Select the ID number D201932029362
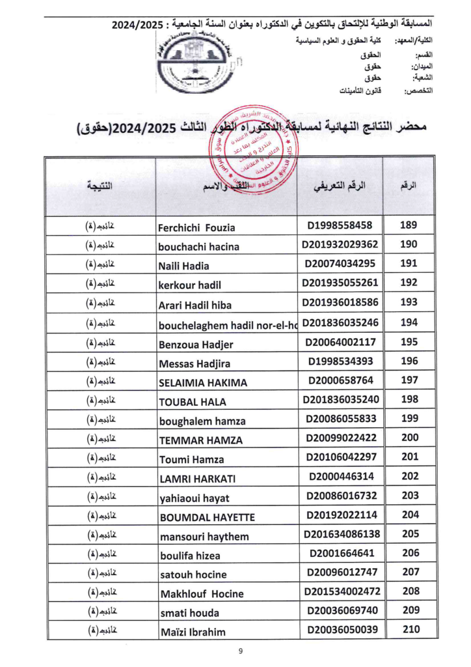point(340,246)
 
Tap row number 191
point(410,264)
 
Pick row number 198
point(410,399)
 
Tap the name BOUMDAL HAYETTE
point(207,517)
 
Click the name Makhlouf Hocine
point(202,594)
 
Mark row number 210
point(410,629)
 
